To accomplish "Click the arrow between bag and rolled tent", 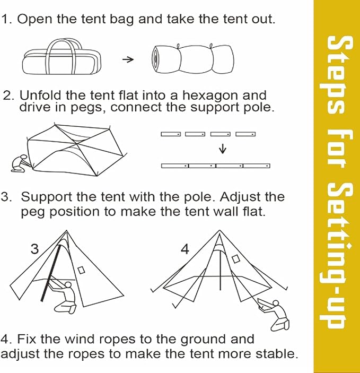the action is pos(128,59).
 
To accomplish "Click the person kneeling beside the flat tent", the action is pos(21,163).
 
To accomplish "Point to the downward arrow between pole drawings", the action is pos(223,149).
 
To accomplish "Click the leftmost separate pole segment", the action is pos(171,134).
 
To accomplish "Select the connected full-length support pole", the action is pos(216,166).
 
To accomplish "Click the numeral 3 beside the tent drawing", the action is pos(34,249).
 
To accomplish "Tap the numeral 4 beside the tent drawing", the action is pos(185,249).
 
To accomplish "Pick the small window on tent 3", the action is pos(81,270).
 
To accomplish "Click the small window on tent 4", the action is pos(235,259).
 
